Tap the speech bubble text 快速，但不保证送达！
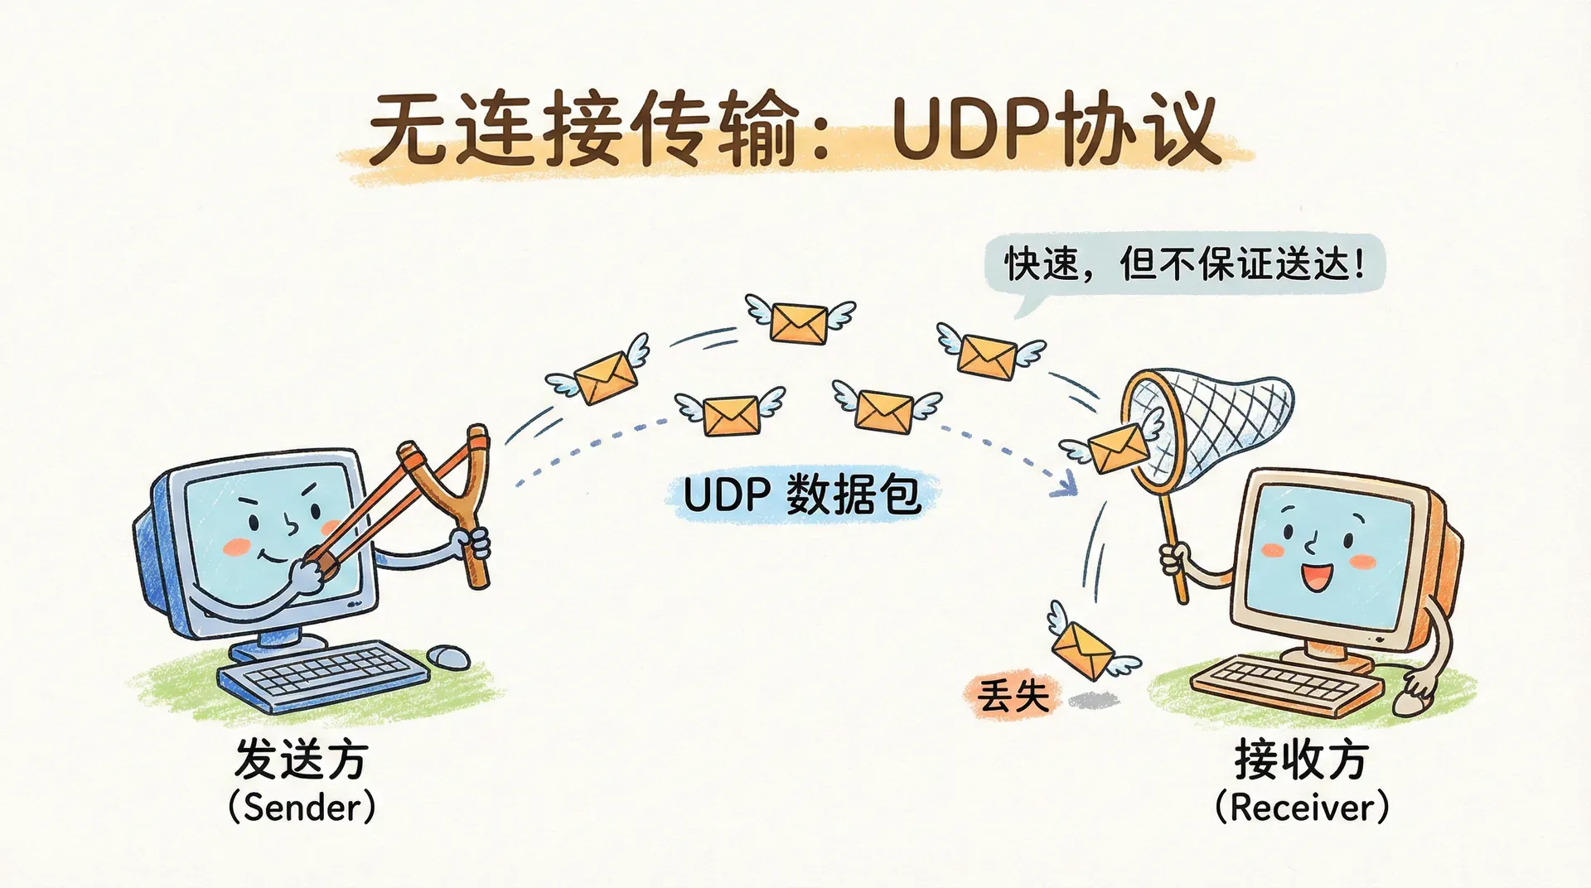[1185, 265]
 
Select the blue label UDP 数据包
[802, 495]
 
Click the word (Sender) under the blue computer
[302, 807]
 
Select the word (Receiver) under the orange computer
[1301, 807]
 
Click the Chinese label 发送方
[302, 759]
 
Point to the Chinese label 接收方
[1301, 759]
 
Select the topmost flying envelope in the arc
[799, 321]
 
